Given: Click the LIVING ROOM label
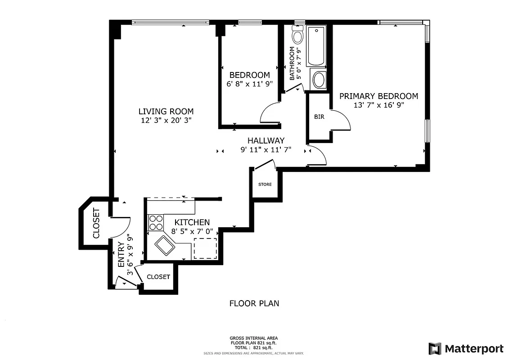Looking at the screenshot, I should [x=166, y=111].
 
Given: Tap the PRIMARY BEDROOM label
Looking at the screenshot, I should [x=378, y=96].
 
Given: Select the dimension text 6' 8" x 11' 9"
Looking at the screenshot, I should [x=250, y=84].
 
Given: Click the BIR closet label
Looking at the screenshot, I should [x=319, y=117].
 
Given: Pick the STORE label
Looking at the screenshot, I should [x=265, y=184].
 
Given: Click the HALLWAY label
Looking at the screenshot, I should [x=266, y=140].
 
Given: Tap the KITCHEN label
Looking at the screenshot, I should [x=192, y=222].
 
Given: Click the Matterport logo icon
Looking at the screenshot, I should [x=435, y=349].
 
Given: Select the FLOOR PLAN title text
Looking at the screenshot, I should [x=254, y=303].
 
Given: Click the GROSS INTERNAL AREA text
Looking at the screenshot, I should [x=254, y=338].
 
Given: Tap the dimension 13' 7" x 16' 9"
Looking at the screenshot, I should [x=378, y=105].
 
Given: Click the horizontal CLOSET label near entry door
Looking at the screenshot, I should [x=158, y=277].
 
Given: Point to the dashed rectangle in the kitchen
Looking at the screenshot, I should [x=205, y=248].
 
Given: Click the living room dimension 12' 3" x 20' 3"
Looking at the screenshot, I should [x=166, y=121].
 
